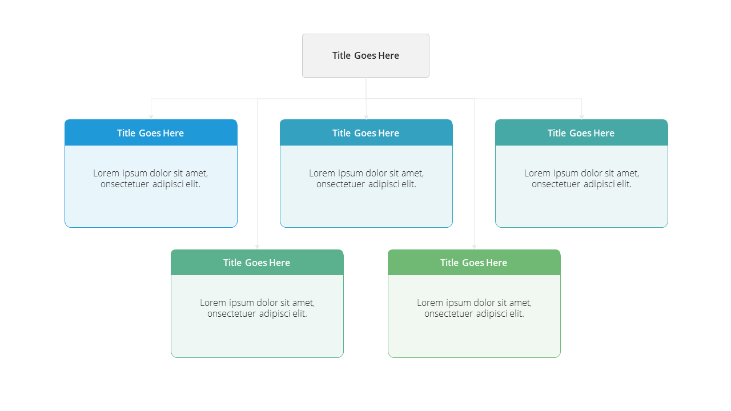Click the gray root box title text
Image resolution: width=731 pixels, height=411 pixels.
365,55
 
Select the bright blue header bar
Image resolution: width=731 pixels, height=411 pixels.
151,132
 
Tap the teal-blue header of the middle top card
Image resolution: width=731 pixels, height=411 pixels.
366,132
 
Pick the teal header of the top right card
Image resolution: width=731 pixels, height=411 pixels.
581,132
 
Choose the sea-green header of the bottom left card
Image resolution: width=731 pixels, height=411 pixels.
257,262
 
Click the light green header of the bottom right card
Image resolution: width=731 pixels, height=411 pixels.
474,262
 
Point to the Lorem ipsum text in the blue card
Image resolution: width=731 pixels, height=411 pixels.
150,179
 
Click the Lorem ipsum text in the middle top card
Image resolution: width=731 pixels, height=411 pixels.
366,179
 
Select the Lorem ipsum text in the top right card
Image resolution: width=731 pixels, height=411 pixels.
581,179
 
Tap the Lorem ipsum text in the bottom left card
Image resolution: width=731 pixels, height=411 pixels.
257,308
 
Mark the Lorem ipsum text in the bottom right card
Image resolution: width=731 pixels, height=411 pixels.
474,308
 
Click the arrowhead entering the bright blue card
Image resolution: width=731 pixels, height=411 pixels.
151,117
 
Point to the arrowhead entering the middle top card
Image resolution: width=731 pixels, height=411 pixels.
366,117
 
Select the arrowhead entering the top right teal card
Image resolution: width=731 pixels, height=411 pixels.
581,117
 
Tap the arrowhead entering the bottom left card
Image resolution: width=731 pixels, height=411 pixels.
257,247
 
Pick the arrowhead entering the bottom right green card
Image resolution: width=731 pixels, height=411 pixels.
474,247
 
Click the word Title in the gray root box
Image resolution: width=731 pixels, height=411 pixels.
342,55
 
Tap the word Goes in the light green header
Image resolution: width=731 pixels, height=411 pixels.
473,263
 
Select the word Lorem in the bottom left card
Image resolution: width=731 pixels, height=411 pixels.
213,303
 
